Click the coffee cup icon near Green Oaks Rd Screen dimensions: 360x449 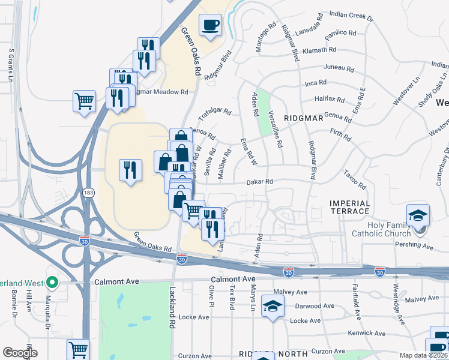[x=210, y=25]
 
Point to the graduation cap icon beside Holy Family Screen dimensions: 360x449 [x=418, y=215]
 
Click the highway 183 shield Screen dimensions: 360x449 [x=88, y=192]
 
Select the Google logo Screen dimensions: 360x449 [x=20, y=353]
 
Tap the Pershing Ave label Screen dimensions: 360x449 [x=414, y=246]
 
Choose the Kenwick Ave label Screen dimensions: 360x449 [x=367, y=333]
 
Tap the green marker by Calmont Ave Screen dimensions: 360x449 [x=52, y=281]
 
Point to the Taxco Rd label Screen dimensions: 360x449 [x=355, y=180]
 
